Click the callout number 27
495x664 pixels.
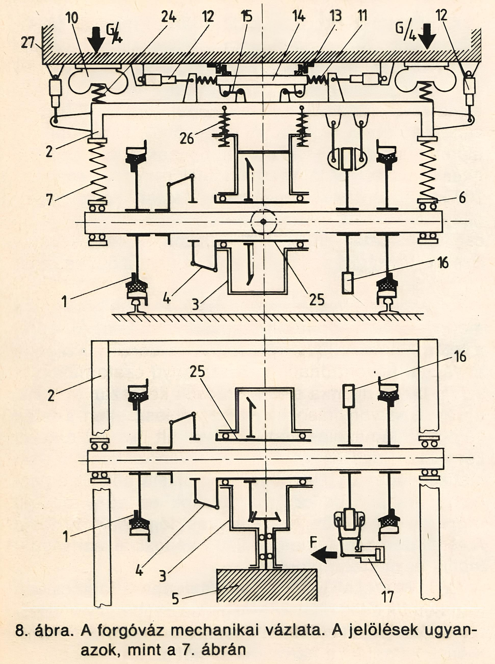(27, 43)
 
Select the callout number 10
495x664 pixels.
(72, 18)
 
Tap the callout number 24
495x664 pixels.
(168, 17)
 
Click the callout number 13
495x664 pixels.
(336, 16)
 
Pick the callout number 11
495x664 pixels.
(362, 16)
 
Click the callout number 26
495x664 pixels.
(187, 138)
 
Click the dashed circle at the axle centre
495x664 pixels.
(264, 222)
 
